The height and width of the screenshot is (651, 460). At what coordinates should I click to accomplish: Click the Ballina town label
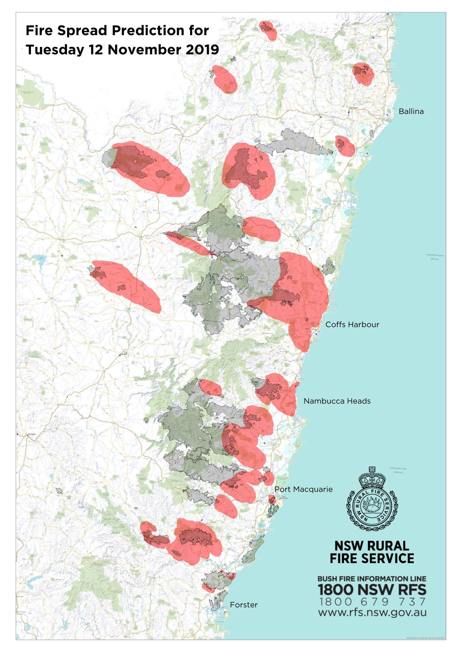click(x=411, y=111)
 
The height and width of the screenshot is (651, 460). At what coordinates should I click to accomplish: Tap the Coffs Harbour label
click(x=352, y=325)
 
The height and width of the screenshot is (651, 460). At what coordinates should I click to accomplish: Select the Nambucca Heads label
click(x=337, y=401)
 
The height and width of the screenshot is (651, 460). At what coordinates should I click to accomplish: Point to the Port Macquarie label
click(x=304, y=489)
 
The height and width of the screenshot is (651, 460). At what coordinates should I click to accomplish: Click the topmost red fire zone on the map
click(x=268, y=30)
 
